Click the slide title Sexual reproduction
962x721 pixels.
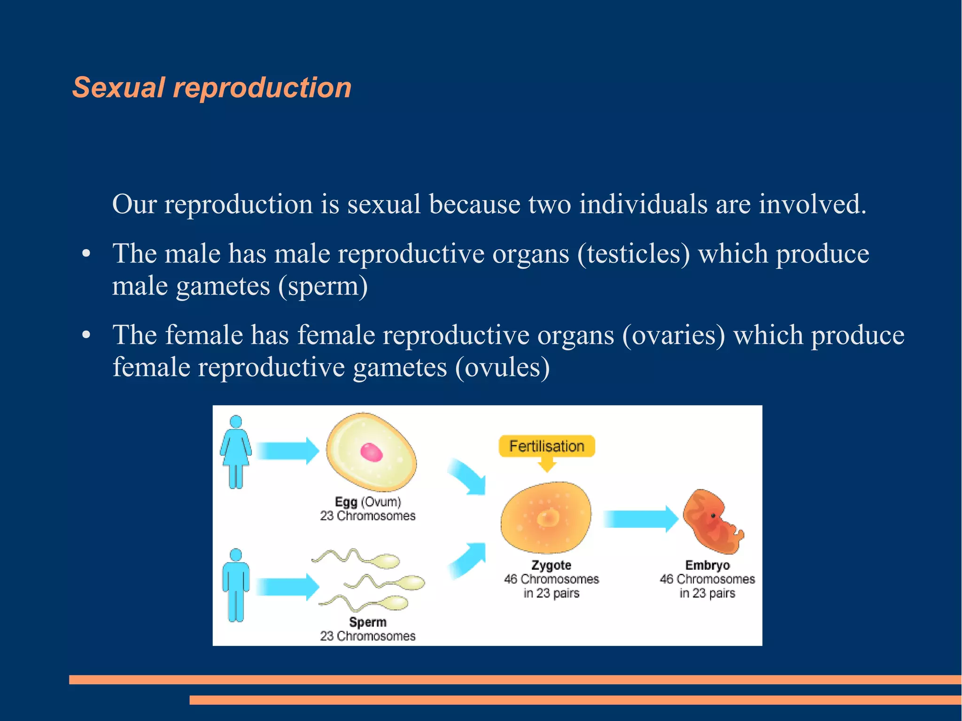coord(212,88)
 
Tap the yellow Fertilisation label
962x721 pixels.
coord(546,446)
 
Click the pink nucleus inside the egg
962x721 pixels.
coord(371,452)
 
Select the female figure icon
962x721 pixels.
coord(236,451)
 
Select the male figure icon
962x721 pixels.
coord(236,585)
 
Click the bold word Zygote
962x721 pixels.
coord(551,565)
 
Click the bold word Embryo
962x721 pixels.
coord(707,565)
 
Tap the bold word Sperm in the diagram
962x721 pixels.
coord(368,622)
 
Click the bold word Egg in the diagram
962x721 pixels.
coord(346,502)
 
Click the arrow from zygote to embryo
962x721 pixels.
coord(640,519)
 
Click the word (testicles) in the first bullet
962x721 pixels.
coord(634,254)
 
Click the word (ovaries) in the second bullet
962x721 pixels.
coord(674,335)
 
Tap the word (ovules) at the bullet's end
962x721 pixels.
coord(502,368)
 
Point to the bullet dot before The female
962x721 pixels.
coord(86,335)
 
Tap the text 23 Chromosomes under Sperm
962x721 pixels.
coord(368,636)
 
